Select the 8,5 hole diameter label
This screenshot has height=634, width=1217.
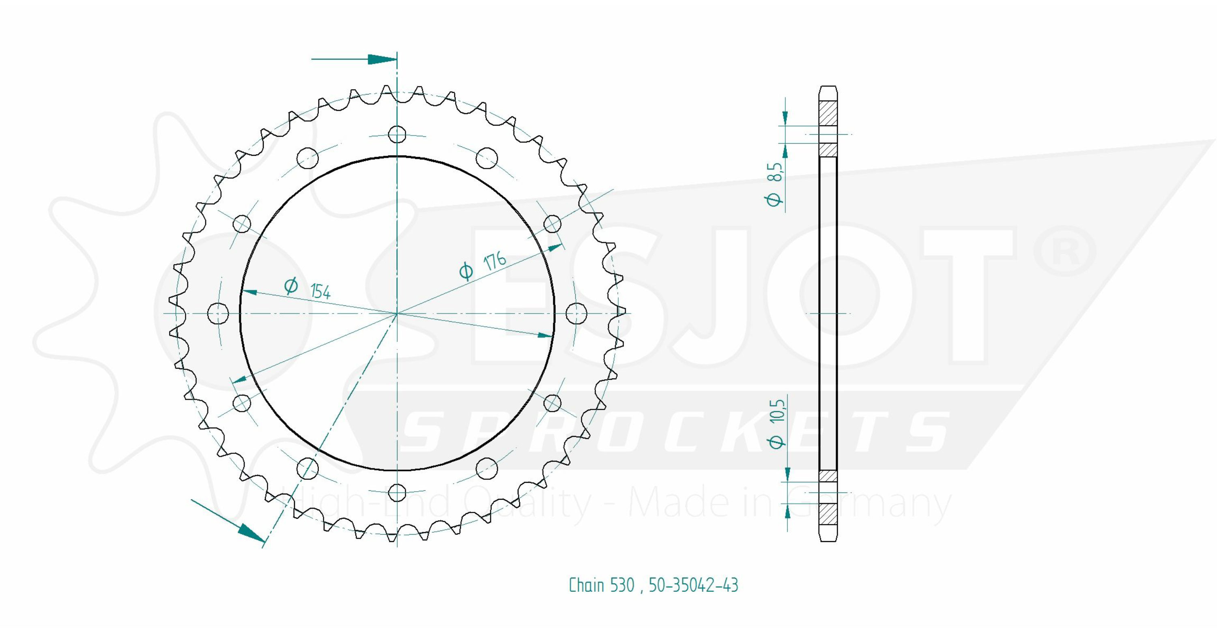775,172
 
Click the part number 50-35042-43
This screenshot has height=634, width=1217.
693,585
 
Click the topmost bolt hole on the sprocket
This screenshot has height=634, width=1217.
397,135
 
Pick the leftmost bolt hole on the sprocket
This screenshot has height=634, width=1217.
218,313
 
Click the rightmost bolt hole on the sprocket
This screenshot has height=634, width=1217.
576,313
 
